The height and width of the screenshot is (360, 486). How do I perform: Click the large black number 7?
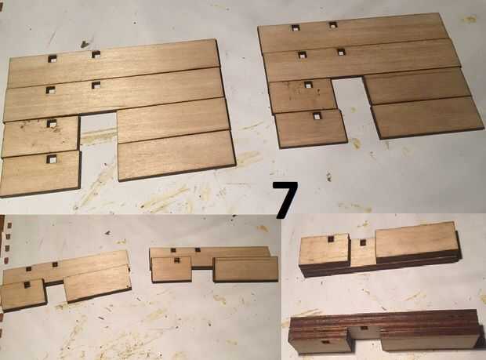click(285, 199)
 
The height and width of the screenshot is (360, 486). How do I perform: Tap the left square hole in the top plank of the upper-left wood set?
click(53, 58)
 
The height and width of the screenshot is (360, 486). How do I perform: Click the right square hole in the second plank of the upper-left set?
click(96, 85)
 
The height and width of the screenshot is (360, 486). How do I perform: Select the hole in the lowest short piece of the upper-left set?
click(52, 159)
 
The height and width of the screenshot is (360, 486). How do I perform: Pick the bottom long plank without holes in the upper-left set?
click(176, 155)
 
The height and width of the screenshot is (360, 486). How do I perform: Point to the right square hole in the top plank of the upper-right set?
click(332, 25)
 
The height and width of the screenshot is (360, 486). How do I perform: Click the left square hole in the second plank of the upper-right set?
click(303, 55)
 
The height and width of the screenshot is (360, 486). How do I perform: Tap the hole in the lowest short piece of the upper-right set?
click(317, 115)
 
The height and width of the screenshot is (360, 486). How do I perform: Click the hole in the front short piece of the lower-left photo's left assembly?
click(27, 284)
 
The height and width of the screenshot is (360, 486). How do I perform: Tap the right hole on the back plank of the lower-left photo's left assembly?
click(55, 264)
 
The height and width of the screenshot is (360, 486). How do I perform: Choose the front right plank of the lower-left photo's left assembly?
click(97, 284)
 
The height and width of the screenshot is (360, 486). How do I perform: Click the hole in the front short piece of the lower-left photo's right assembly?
click(176, 260)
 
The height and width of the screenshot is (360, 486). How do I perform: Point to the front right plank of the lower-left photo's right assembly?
click(246, 269)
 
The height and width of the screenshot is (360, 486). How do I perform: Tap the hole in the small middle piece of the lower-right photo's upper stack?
click(363, 242)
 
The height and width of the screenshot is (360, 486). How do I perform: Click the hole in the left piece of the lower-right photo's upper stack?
click(332, 238)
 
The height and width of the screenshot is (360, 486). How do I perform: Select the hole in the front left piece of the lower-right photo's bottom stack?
click(325, 343)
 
